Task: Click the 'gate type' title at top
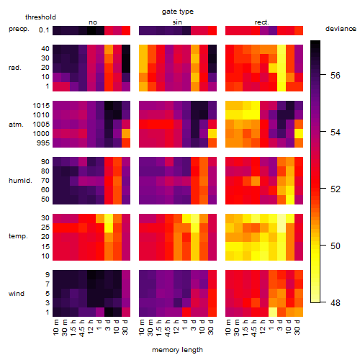[178, 12]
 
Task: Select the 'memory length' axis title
[177, 350]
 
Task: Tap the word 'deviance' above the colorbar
[341, 29]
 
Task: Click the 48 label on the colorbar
[336, 303]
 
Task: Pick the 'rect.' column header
[261, 22]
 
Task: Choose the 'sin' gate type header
[177, 22]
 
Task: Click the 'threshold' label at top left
[40, 17]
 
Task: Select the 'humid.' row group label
[20, 181]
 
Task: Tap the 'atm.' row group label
[16, 125]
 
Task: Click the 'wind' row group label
[17, 294]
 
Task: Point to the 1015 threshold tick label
[41, 106]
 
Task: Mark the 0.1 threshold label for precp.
[44, 30]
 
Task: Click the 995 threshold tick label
[43, 143]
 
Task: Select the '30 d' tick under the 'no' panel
[125, 327]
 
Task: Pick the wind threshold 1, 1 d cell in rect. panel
[273, 312]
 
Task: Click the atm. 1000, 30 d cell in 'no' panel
[126, 134]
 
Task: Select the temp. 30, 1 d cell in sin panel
[186, 218]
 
